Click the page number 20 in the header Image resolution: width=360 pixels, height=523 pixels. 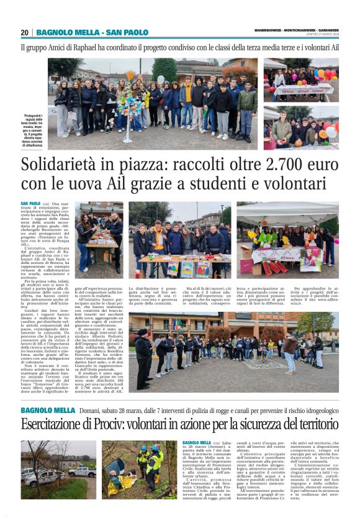tap(25, 33)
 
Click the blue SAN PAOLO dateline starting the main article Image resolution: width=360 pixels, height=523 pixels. tap(30, 203)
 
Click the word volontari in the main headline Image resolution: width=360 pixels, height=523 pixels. tap(291, 184)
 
